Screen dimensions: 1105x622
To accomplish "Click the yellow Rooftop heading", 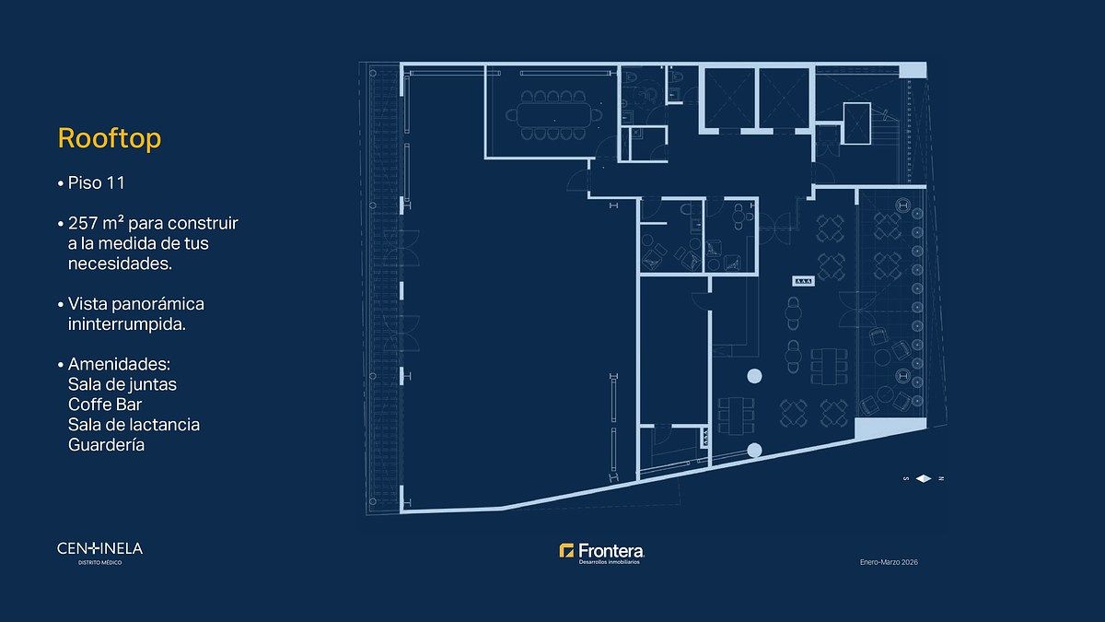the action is point(110,139).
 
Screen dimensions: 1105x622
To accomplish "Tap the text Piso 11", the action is point(96,183).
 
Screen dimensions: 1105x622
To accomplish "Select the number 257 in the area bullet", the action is point(85,223).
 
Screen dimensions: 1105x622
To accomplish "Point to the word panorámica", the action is point(157,304).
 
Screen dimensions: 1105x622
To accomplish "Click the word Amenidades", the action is point(119,364).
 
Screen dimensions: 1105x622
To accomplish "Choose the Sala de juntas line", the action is point(122,384).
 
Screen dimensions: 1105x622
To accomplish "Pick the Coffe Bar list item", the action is point(105,405).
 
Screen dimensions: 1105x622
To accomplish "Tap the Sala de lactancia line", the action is point(134,425).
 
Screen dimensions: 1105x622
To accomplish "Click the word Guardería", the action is point(106,445).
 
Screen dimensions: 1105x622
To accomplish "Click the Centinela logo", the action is point(99,553).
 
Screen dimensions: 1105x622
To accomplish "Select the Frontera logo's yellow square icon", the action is point(566,550).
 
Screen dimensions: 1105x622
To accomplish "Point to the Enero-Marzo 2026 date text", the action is point(889,562).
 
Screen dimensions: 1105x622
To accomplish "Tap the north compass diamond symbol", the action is point(924,478).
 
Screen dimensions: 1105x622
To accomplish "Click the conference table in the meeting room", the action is point(553,115).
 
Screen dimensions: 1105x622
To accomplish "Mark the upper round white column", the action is point(754,376).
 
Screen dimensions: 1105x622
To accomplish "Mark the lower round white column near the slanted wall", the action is point(754,451).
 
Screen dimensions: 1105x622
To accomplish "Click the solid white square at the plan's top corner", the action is point(913,70).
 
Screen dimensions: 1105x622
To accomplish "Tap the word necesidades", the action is point(120,264).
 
